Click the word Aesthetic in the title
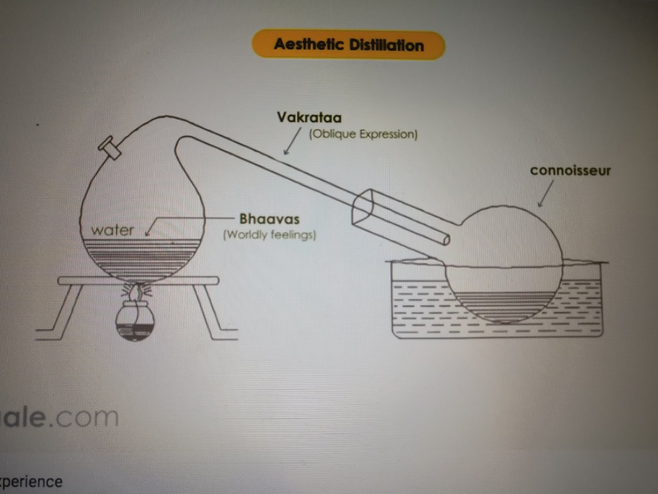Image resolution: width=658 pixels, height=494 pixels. [308, 44]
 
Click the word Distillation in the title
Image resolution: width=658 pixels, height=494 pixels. [386, 45]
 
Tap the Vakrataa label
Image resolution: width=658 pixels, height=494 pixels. [309, 118]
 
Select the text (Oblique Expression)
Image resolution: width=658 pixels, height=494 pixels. [363, 134]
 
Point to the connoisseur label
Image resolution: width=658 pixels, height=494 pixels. [570, 170]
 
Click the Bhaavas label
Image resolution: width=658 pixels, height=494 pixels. [269, 219]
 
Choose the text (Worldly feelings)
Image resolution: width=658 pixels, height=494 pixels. [269, 235]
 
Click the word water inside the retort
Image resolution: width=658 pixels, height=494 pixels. [113, 230]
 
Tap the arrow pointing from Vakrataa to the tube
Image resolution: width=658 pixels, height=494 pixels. [292, 142]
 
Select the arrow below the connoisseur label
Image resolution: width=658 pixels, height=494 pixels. [546, 193]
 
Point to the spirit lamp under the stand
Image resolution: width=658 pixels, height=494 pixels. [134, 321]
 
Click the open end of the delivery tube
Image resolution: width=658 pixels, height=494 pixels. [446, 240]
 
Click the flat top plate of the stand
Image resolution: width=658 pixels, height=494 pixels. [138, 281]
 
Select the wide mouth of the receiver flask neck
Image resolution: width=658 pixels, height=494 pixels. [362, 207]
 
